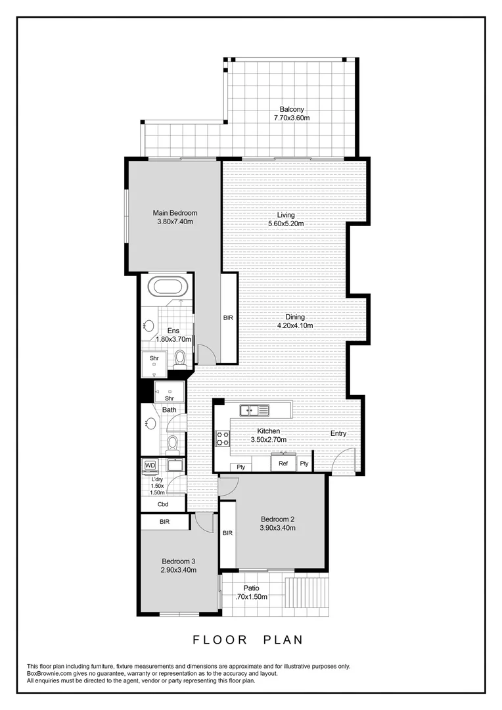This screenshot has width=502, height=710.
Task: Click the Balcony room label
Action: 291,109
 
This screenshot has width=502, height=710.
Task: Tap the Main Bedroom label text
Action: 175,213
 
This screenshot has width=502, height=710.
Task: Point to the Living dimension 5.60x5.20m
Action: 286,224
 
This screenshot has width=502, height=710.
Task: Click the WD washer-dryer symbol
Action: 150,465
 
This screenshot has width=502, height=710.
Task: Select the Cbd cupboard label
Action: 163,504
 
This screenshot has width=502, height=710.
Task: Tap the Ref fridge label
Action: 283,463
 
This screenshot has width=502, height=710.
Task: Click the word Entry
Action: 338,434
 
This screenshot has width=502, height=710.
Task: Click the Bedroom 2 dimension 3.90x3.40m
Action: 277,527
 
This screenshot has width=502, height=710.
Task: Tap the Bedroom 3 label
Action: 179,561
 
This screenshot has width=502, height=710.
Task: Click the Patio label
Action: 251,588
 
